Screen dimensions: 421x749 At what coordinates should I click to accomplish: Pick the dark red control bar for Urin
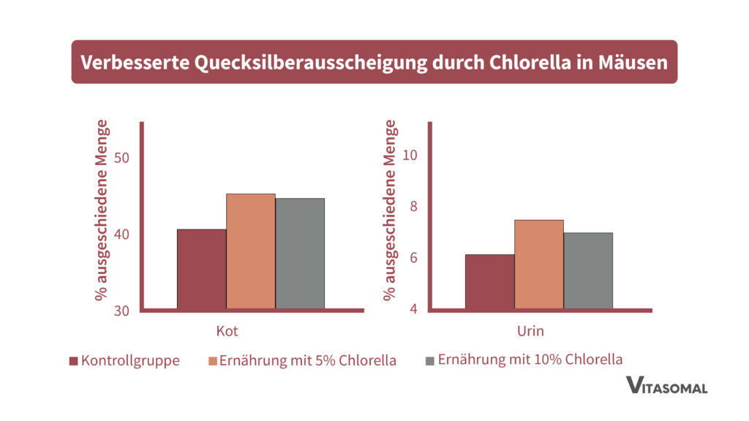click(489, 281)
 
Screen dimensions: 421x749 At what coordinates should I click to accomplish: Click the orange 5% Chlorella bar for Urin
click(538, 264)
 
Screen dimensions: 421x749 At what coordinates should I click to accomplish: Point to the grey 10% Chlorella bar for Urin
click(588, 270)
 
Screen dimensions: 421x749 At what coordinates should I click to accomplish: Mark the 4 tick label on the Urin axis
click(413, 309)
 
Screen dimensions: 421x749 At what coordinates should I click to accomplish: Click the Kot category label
click(227, 331)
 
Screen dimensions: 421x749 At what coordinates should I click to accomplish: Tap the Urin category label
click(530, 331)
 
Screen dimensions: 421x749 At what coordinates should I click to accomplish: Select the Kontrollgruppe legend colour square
click(73, 361)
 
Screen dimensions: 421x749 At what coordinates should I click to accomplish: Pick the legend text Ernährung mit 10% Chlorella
click(530, 360)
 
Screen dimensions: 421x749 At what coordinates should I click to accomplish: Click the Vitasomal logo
click(666, 385)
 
